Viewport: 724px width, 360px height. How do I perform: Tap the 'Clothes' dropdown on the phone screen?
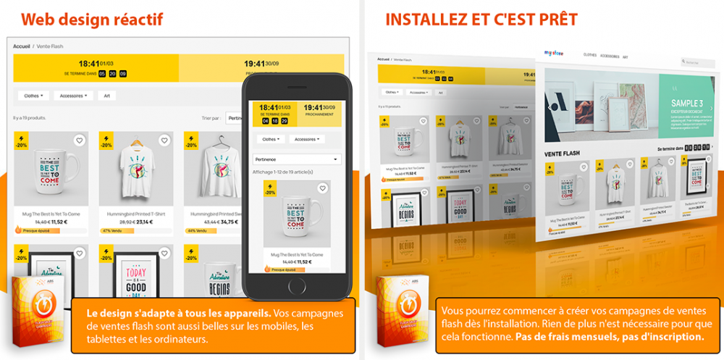[x=269, y=139]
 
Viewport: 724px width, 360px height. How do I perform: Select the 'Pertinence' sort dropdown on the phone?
[x=297, y=159]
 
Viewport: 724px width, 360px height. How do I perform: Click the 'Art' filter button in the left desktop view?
[x=106, y=95]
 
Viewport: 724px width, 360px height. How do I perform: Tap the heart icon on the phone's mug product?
[x=323, y=188]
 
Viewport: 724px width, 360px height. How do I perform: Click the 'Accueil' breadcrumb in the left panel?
[x=21, y=46]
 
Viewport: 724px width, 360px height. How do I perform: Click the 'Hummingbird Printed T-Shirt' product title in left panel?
[x=135, y=214]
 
